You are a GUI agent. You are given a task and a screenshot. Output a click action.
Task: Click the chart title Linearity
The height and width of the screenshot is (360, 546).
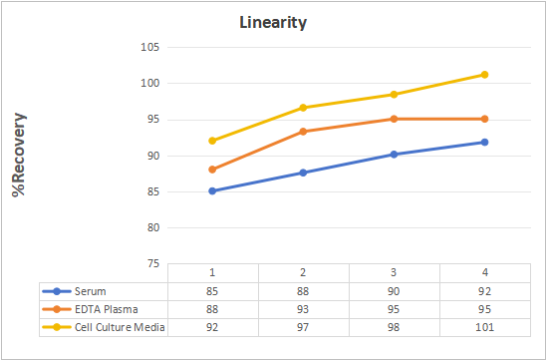pyautogui.click(x=273, y=23)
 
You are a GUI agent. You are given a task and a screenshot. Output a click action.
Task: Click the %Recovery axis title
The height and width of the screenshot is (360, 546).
pyautogui.click(x=19, y=155)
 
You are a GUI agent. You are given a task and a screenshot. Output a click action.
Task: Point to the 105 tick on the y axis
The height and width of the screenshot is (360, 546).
pyautogui.click(x=150, y=47)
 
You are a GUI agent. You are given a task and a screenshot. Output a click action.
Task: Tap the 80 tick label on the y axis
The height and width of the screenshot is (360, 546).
pyautogui.click(x=153, y=227)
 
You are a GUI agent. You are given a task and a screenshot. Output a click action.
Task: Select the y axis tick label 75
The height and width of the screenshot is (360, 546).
pyautogui.click(x=153, y=264)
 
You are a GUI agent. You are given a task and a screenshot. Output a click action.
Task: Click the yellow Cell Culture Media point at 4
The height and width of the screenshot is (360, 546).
pyautogui.click(x=484, y=75)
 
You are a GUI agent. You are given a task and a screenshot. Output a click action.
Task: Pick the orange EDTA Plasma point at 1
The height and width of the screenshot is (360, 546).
pyautogui.click(x=212, y=170)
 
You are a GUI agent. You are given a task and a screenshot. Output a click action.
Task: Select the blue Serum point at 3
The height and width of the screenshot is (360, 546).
pyautogui.click(x=394, y=155)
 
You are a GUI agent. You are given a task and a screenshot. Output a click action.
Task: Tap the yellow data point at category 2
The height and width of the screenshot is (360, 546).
pyautogui.click(x=303, y=108)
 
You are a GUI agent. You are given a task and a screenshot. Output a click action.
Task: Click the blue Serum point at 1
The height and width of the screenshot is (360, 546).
pyautogui.click(x=212, y=191)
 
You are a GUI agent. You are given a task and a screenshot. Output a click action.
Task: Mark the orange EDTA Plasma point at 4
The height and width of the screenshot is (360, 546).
pyautogui.click(x=484, y=120)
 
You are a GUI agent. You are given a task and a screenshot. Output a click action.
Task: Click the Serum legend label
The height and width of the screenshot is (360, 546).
pyautogui.click(x=91, y=291)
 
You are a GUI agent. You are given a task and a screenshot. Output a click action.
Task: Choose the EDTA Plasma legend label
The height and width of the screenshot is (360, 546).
pyautogui.click(x=107, y=309)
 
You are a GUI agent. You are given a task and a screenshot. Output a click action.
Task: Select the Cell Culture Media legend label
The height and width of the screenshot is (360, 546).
pyautogui.click(x=120, y=327)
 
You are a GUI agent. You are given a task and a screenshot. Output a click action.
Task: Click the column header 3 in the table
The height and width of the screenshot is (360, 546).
pyautogui.click(x=394, y=272)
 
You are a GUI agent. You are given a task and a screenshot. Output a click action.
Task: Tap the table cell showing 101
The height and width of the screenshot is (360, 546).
pyautogui.click(x=484, y=327)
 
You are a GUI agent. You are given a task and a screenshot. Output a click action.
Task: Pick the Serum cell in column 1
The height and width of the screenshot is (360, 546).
pyautogui.click(x=212, y=291)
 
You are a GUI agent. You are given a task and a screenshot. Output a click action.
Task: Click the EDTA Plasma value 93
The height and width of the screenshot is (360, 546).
pyautogui.click(x=303, y=309)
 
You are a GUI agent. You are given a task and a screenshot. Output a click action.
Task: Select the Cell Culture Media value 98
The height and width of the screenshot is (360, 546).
pyautogui.click(x=394, y=327)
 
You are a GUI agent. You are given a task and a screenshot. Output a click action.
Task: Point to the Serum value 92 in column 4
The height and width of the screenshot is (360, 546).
pyautogui.click(x=484, y=291)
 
